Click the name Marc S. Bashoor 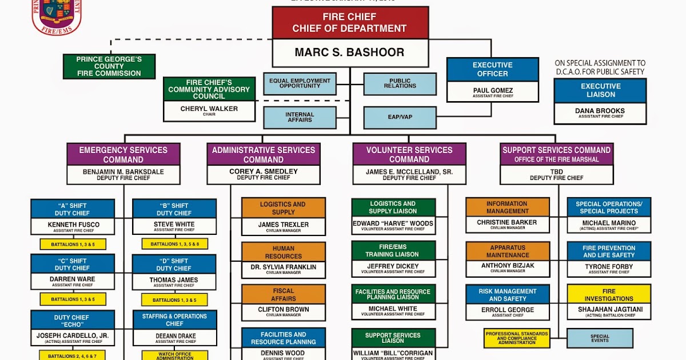coord(349,53)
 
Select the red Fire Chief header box coord(349,23)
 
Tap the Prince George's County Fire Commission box coord(109,66)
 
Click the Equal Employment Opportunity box coord(300,83)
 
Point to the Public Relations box coord(400,83)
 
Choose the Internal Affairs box coord(300,117)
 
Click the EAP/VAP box coord(400,117)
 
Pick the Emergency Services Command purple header coord(123,154)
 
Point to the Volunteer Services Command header coord(409,154)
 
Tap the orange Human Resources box coord(284,252)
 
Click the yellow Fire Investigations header coord(609,294)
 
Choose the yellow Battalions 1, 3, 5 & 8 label coord(174,244)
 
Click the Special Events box coord(600,338)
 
